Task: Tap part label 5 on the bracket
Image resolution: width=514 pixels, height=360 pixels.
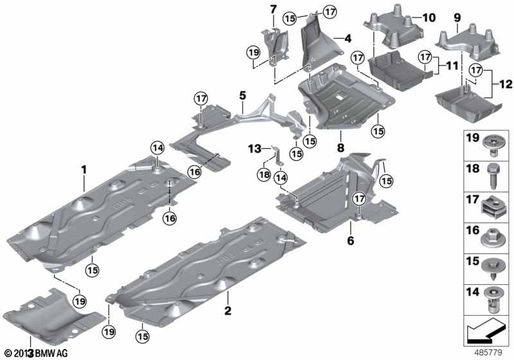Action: click(x=242, y=95)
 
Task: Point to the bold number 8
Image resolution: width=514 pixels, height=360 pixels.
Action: click(x=339, y=137)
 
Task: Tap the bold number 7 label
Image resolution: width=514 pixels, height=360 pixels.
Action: click(x=272, y=9)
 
